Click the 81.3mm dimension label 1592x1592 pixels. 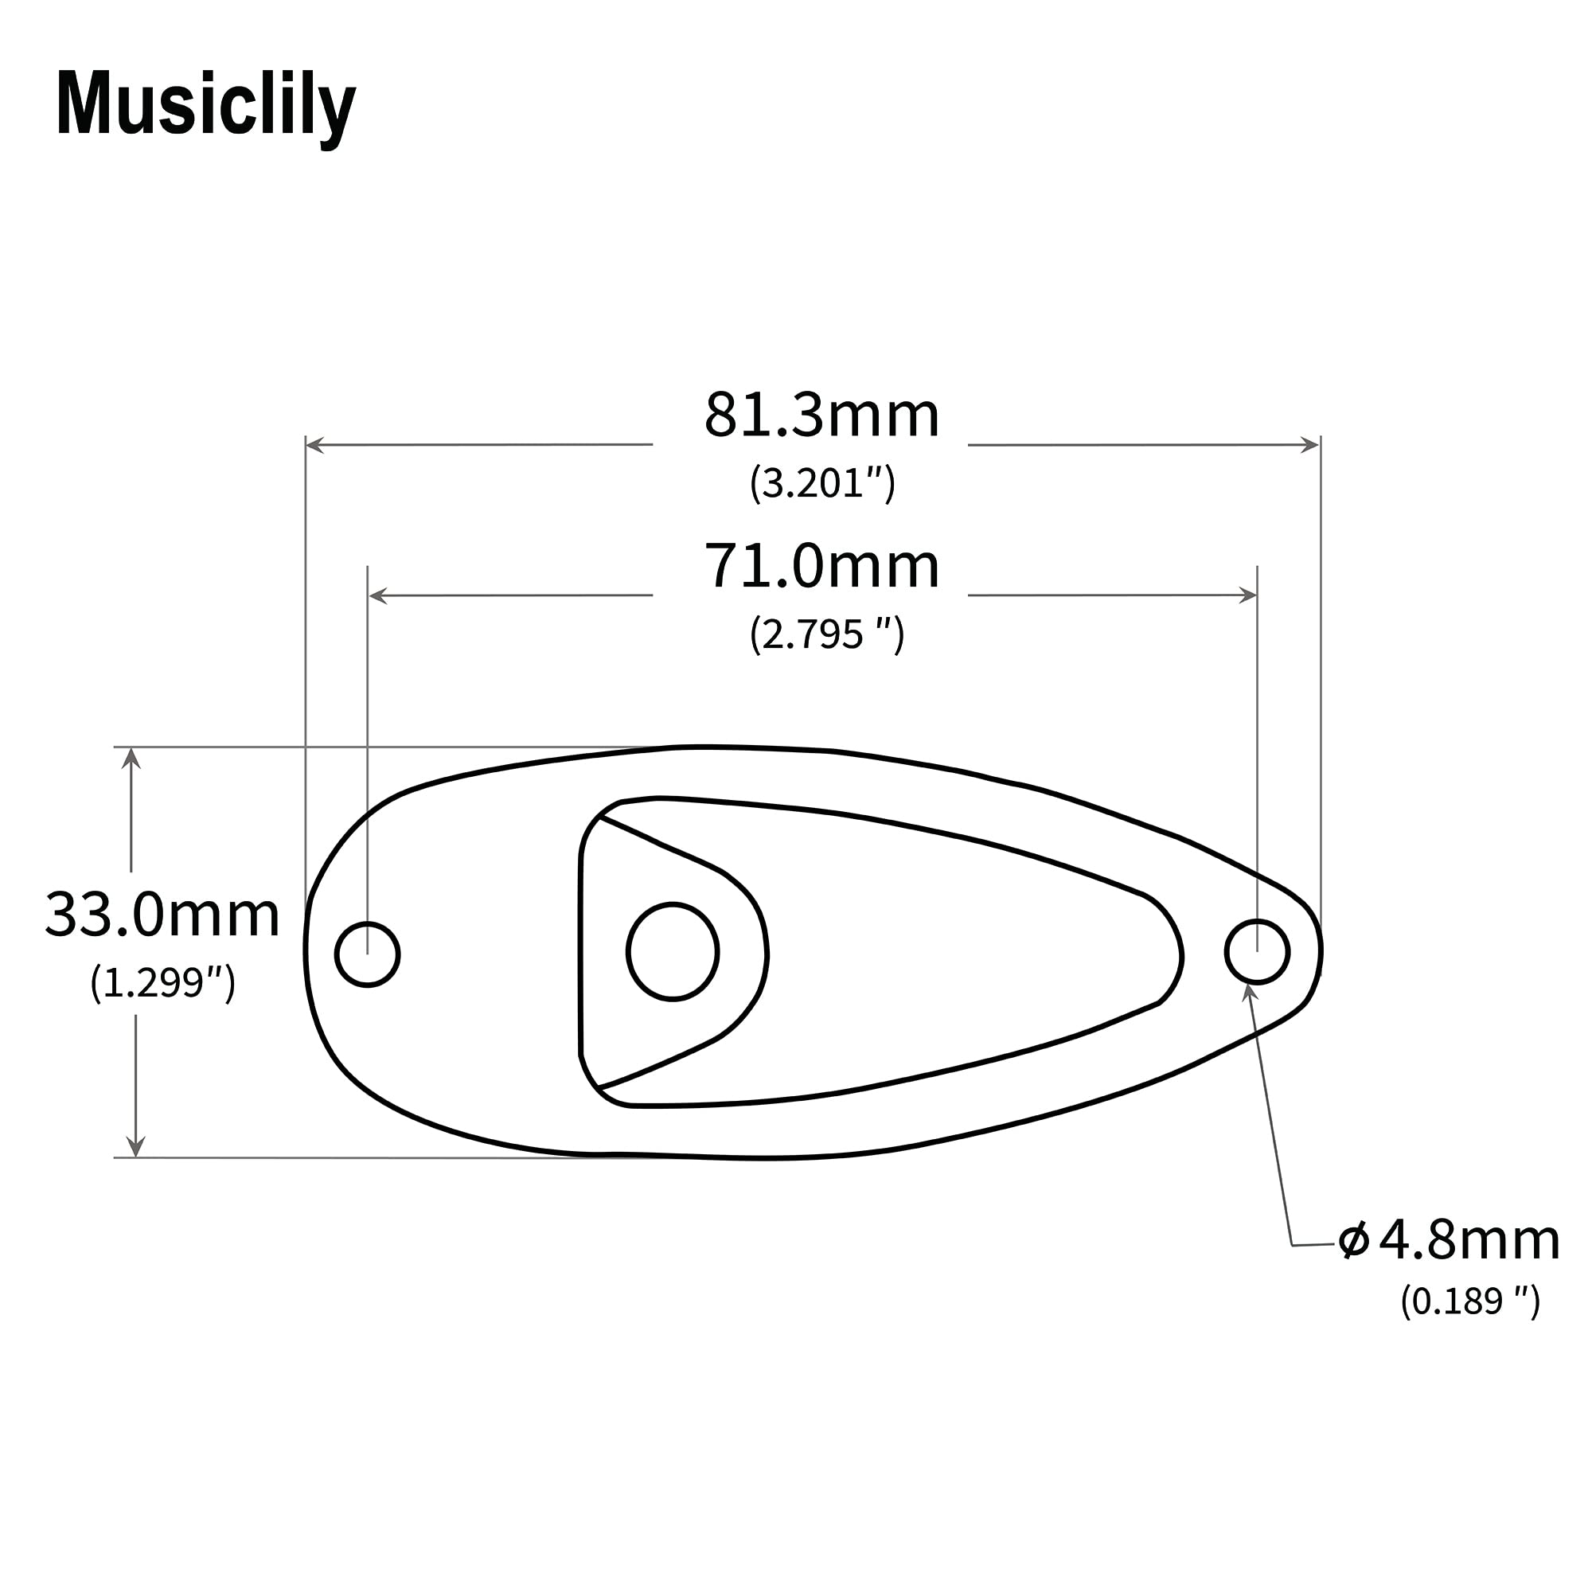click(x=821, y=416)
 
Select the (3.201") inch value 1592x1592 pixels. click(x=821, y=483)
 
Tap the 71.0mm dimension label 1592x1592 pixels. click(x=821, y=567)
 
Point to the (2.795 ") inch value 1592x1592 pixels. click(x=826, y=634)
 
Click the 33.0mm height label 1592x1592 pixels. click(x=162, y=915)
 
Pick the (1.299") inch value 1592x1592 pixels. click(x=162, y=982)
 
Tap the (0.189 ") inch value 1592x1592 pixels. click(x=1470, y=1301)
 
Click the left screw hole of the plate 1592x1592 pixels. click(x=368, y=954)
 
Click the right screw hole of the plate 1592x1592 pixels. click(x=1257, y=952)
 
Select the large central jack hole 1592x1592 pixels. click(x=673, y=952)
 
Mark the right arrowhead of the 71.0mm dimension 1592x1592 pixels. click(x=1247, y=595)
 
